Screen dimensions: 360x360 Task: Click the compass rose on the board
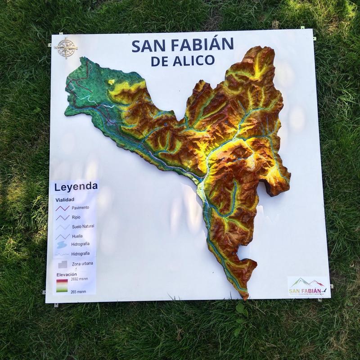pos(66,47)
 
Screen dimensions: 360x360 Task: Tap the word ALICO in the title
pos(194,61)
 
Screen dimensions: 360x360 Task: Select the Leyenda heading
pos(76,186)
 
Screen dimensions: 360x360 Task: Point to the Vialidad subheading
pos(65,199)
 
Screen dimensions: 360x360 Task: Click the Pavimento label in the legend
pos(80,207)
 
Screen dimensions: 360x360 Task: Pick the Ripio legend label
pos(77,217)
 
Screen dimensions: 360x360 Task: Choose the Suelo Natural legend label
pos(83,226)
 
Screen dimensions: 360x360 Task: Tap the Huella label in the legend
pos(77,236)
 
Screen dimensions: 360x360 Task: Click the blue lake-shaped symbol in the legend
pos(62,245)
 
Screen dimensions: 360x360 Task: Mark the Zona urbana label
pos(82,263)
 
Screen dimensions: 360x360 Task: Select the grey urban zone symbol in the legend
pos(62,264)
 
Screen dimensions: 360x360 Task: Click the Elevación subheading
pos(67,274)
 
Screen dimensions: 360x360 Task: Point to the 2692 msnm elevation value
pos(79,279)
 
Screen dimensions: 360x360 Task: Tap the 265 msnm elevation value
pos(78,292)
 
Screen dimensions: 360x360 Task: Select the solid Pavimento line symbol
pos(62,208)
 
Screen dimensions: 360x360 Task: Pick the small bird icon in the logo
pos(324,291)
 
